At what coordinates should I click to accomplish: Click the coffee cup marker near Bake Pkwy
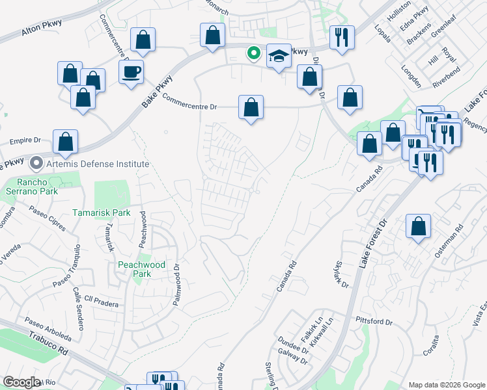131,71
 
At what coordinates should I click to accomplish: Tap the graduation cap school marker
279,58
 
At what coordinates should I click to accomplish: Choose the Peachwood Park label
142,269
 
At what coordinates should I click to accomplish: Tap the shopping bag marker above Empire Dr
65,142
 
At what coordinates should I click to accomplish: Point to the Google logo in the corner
21,382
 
